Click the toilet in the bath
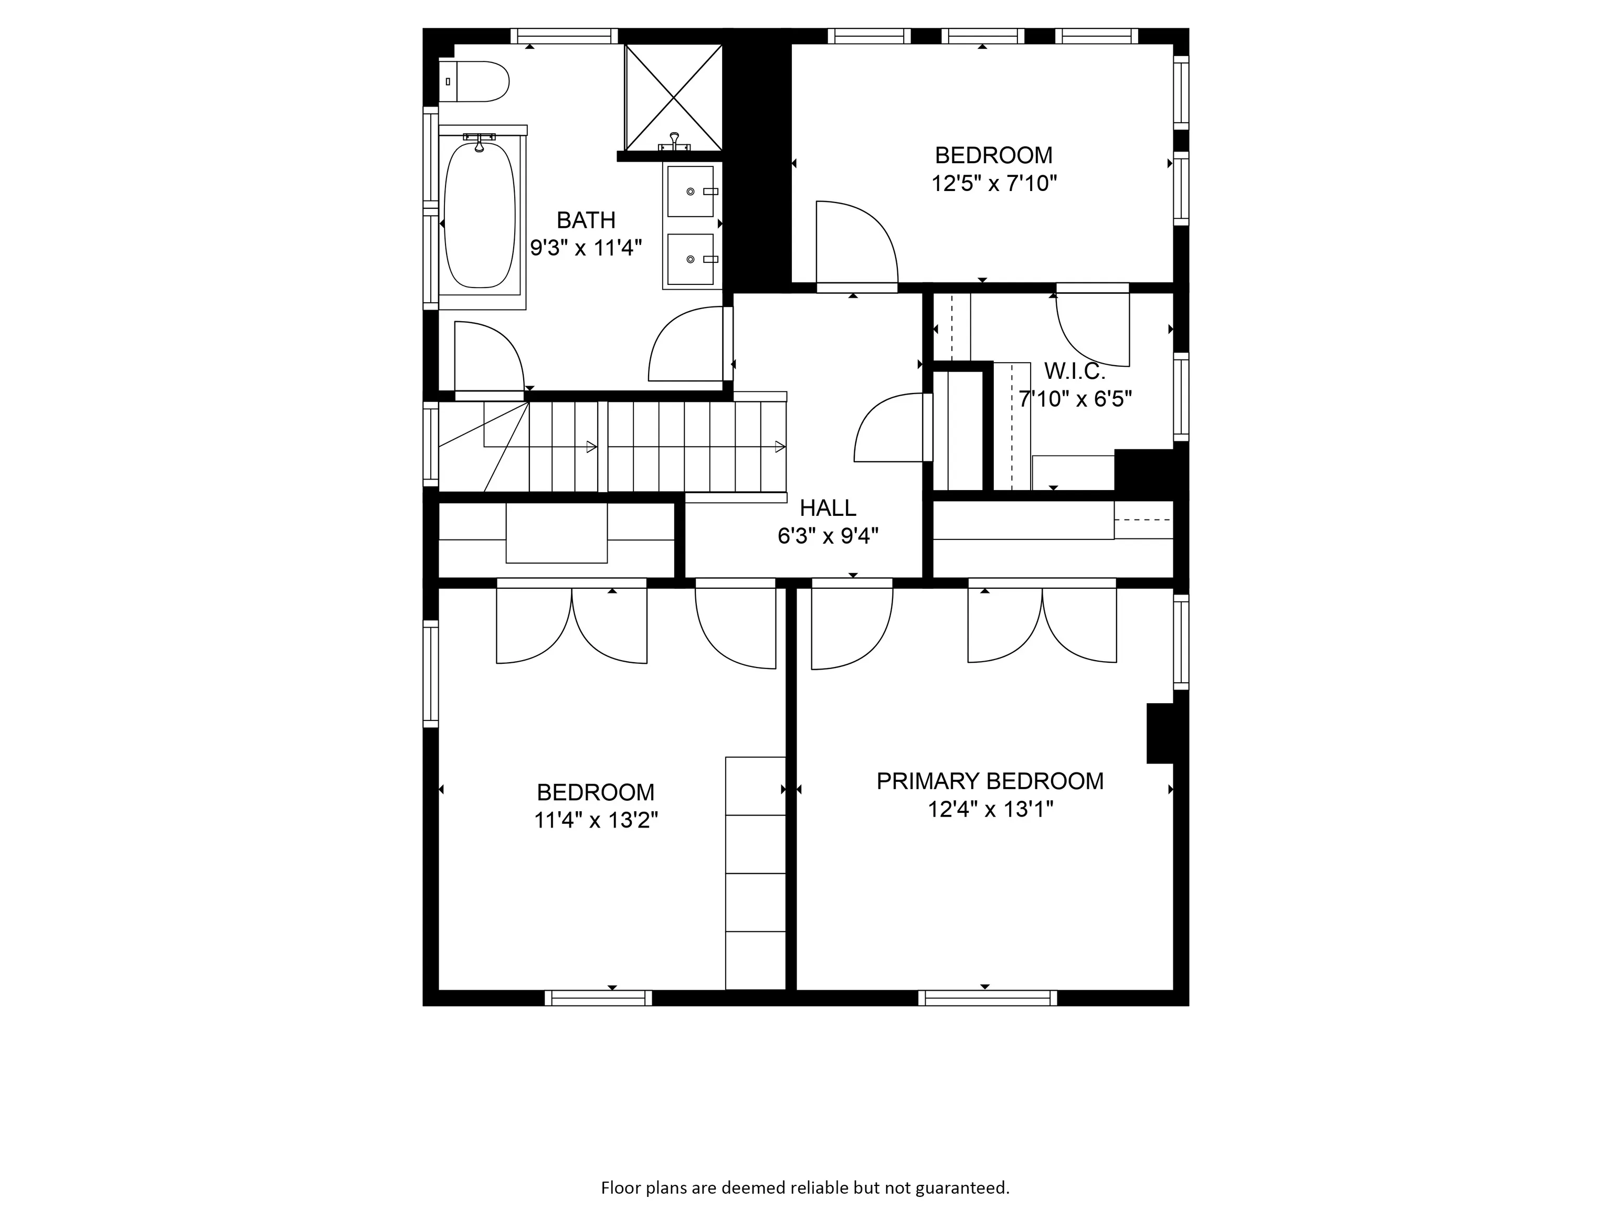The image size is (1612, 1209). coord(474,82)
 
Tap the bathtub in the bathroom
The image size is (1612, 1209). coord(480,215)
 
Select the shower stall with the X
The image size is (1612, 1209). coord(673,98)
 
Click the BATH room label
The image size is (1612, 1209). coord(586,220)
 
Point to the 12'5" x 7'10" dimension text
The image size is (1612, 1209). coord(994,183)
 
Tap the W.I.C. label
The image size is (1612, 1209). coord(1074,372)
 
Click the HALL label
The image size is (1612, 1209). coord(828,508)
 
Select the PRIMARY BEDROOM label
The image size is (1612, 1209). coord(990,781)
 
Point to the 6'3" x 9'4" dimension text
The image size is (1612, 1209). coord(828,536)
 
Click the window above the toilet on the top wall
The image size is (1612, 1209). coord(564,36)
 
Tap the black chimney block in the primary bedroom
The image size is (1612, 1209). coord(1160,733)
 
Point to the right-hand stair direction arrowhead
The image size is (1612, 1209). coord(780,447)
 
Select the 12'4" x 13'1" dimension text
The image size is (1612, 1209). coord(990,810)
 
